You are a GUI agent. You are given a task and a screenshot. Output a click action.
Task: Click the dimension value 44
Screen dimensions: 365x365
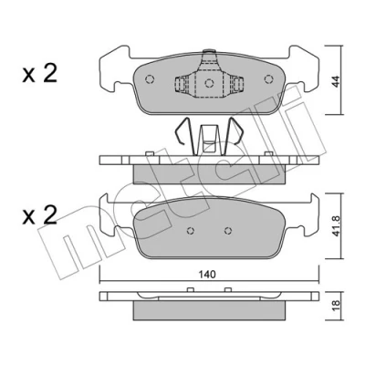335,80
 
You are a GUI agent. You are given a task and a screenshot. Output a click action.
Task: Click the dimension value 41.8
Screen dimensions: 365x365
335,226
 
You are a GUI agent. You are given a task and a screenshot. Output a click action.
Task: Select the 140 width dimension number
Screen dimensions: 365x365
207,275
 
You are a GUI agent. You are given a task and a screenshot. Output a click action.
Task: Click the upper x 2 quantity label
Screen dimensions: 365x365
40,74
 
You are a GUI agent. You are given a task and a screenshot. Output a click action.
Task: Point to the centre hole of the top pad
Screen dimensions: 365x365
209,83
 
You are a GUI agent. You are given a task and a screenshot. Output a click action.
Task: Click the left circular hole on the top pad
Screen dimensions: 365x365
150,79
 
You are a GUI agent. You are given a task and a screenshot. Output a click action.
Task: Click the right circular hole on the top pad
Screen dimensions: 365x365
268,79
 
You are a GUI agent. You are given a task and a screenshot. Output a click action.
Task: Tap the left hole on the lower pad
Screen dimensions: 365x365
191,231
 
